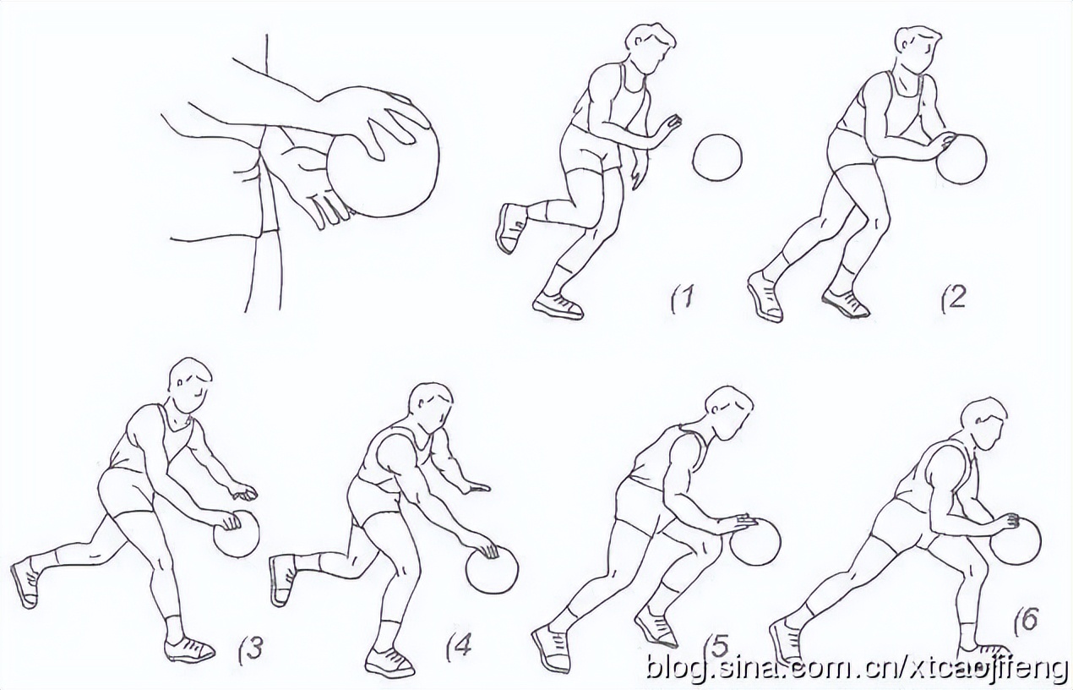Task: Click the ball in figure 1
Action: click(717, 158)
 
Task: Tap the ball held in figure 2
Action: click(961, 159)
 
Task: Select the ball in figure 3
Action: click(237, 534)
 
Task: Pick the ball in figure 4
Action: click(492, 571)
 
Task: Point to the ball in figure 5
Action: click(755, 542)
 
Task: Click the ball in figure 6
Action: click(1016, 542)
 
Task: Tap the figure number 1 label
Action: click(682, 298)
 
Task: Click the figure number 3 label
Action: click(251, 649)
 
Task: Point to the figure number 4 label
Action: click(459, 648)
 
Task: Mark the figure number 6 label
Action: click(1026, 622)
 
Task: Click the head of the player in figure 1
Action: click(650, 48)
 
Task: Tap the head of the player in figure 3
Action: click(190, 385)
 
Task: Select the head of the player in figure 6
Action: click(983, 424)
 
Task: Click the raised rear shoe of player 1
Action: click(511, 228)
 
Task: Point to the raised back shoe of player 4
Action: click(284, 580)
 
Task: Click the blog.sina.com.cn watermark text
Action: click(857, 668)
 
